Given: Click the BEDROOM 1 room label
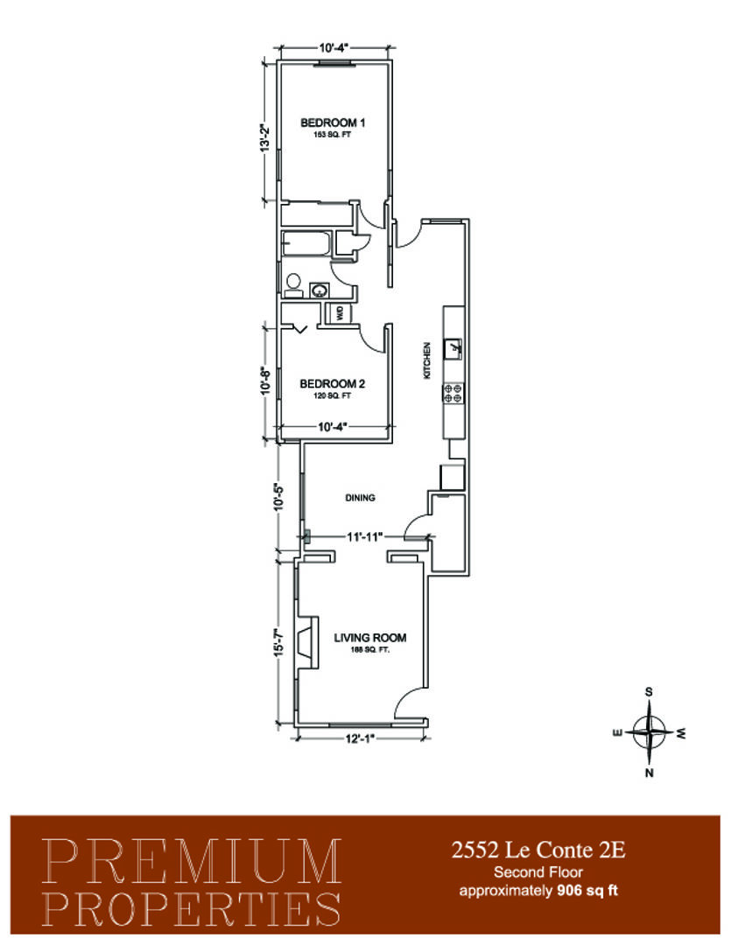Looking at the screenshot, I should pos(332,122).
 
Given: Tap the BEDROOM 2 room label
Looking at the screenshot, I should pos(332,383).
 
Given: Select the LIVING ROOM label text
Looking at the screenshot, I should pos(370,638).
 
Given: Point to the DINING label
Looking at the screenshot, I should pos(360,498).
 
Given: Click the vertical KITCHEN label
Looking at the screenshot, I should pos(427,359).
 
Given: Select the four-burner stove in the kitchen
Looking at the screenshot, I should pos(454,393).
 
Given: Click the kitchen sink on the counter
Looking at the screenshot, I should pos(454,349).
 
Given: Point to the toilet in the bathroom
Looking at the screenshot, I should pos(293,284).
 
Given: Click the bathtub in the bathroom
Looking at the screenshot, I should pos(306,244).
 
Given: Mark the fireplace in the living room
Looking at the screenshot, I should pos(304,645).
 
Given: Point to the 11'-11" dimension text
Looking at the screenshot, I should pos(360,536).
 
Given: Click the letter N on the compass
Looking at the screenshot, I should pos(649,772).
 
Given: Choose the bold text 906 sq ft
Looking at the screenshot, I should pos(589,892).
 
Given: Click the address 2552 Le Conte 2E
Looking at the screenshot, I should pos(538,849).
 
